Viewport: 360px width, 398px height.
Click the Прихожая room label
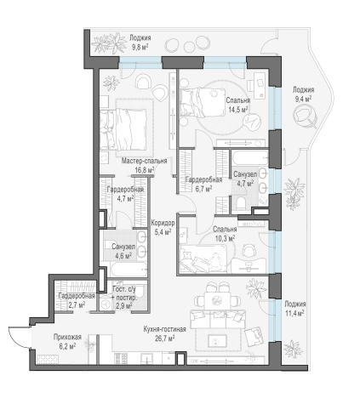click(67, 337)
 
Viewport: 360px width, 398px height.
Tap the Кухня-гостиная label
click(164, 329)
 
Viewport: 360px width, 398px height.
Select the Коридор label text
click(163, 223)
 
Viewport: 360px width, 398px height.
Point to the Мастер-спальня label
click(145, 161)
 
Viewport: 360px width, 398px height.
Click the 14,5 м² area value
click(238, 110)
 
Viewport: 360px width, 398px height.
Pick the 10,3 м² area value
click(225, 238)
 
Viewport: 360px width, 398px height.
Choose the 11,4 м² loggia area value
click(294, 313)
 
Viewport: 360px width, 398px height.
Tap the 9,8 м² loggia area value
click(140, 47)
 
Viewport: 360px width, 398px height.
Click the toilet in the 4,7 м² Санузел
click(241, 203)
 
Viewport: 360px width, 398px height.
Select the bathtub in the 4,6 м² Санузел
click(129, 270)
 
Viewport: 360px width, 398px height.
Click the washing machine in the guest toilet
click(106, 303)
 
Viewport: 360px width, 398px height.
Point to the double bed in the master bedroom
click(123, 129)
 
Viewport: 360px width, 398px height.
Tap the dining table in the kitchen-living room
click(217, 301)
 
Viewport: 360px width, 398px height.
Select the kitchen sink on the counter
click(147, 358)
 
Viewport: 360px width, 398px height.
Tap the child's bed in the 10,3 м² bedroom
click(203, 259)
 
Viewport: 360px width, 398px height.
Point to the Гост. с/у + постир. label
click(124, 298)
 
